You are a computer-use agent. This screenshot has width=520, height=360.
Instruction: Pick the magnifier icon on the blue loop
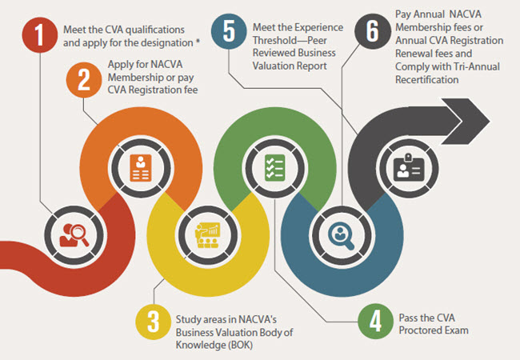click(342, 234)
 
